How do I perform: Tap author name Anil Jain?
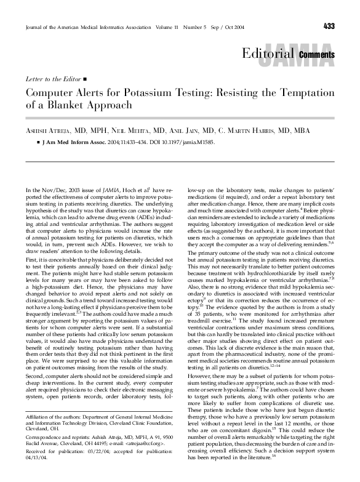196,131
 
